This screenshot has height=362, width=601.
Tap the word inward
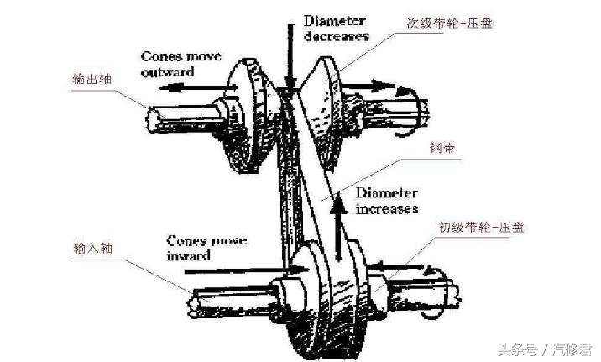point(188,254)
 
